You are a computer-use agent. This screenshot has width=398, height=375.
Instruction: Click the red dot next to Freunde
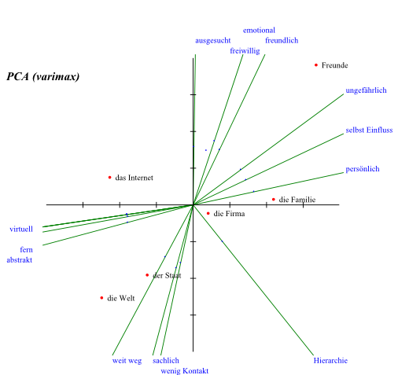point(316,65)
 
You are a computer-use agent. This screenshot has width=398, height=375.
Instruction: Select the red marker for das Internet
point(109,178)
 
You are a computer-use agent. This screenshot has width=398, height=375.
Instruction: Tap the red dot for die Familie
point(274,200)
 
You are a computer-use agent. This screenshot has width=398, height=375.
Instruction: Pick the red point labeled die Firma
point(208,213)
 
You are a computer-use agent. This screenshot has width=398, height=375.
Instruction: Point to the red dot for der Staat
point(147,275)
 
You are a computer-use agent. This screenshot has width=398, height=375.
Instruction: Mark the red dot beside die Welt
point(101,298)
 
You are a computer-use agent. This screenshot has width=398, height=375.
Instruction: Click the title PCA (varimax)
point(43,76)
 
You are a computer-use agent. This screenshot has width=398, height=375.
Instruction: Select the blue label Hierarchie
point(330,361)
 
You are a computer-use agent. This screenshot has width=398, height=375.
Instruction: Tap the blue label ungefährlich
point(366,90)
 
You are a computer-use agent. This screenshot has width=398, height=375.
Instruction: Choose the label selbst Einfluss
point(369,130)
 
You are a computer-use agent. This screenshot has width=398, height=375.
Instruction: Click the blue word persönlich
point(363,169)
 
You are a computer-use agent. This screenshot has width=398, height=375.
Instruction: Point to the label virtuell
point(21,229)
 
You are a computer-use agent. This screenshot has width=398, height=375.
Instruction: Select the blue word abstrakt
point(20,260)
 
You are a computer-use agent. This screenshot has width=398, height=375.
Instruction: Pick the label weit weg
point(127,361)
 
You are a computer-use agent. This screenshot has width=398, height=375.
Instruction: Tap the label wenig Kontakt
point(185,371)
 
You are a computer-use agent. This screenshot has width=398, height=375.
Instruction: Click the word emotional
point(259,30)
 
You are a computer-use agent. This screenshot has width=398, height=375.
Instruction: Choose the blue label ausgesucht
point(213,41)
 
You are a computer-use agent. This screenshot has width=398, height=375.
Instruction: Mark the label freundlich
point(282,40)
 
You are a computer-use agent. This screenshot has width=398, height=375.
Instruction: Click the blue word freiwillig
point(245,51)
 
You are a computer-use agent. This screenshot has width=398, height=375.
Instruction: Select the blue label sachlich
point(166,361)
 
